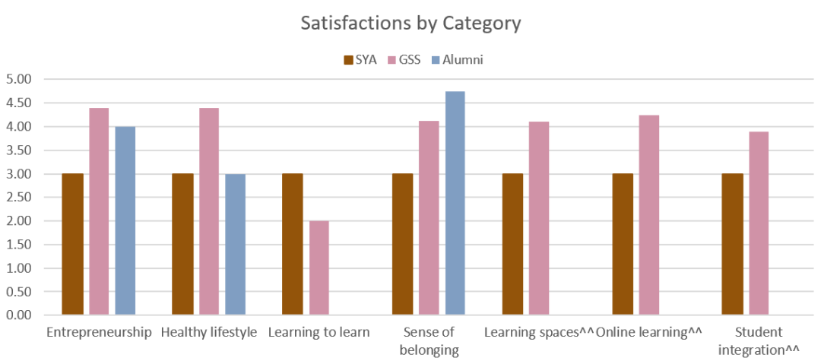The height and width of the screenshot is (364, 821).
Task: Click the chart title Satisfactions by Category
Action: pos(410,24)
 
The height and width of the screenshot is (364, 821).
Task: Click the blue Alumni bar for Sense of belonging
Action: pos(455,203)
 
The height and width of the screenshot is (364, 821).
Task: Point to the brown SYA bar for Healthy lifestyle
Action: pos(182,244)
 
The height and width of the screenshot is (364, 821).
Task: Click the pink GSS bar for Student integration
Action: pos(759,223)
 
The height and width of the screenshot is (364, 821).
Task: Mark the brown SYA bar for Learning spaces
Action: pos(513,244)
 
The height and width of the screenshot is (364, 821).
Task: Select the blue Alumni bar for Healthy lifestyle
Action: pos(236,244)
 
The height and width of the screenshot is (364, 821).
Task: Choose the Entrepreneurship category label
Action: pos(100,332)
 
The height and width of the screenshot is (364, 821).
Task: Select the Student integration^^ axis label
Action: pos(759,341)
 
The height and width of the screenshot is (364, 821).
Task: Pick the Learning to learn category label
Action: pos(319,332)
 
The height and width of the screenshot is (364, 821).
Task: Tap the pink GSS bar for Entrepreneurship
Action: pos(99,211)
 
